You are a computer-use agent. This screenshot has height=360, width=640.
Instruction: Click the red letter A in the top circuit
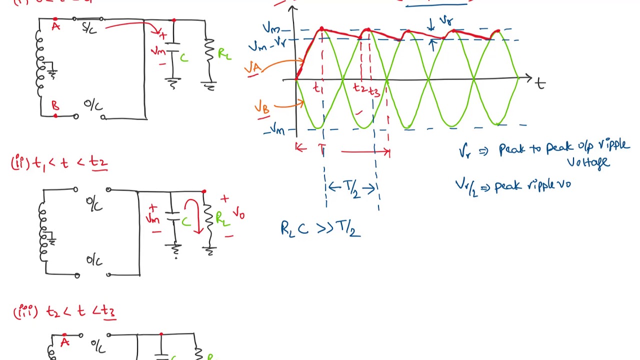click(55, 26)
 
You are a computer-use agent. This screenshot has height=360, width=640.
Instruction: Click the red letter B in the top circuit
click(55, 106)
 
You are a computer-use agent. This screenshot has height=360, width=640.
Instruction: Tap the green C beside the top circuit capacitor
click(184, 58)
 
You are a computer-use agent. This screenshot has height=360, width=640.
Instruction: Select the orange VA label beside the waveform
click(253, 67)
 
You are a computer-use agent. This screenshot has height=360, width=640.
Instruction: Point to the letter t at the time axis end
click(540, 83)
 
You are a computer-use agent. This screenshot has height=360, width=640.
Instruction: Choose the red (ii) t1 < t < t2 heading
click(59, 163)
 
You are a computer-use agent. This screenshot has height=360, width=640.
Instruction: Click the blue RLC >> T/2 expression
click(320, 228)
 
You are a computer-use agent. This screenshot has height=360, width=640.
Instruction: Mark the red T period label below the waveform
click(322, 149)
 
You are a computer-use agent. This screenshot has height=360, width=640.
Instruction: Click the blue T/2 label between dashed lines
click(351, 189)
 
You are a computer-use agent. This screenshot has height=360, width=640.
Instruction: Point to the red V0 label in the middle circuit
click(238, 214)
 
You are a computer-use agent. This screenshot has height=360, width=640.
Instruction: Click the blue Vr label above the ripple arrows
click(445, 21)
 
